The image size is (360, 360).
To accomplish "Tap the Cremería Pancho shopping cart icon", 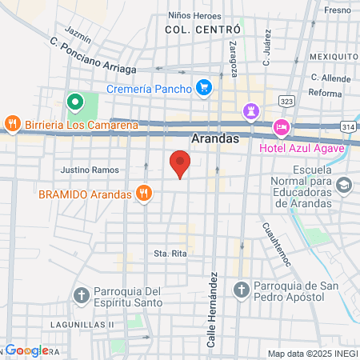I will (204, 87).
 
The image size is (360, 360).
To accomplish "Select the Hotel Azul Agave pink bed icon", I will (282, 127).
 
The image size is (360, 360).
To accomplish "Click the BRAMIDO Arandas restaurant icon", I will (144, 192).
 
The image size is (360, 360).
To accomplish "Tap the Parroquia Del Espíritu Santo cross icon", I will (81, 295).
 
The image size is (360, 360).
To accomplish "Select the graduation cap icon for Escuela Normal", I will (344, 186).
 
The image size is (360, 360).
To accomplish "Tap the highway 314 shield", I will (348, 126).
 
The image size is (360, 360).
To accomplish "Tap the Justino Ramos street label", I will (90, 170).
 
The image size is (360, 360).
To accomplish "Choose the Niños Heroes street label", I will (194, 15).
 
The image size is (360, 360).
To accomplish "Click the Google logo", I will (26, 350).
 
